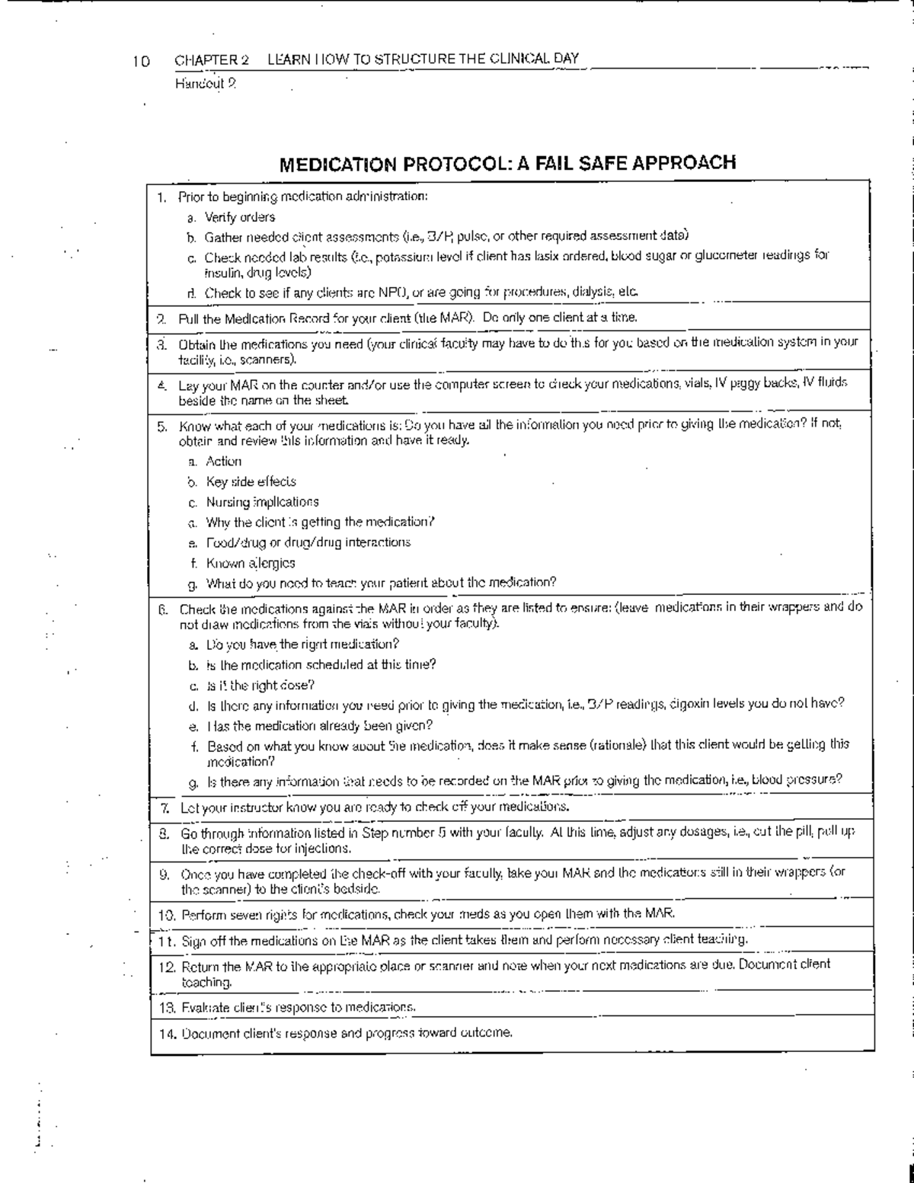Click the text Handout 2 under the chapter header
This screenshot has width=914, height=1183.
pyautogui.click(x=206, y=84)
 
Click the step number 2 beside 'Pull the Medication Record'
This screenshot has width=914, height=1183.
pyautogui.click(x=161, y=317)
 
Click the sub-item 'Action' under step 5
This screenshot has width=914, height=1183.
pyautogui.click(x=223, y=461)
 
